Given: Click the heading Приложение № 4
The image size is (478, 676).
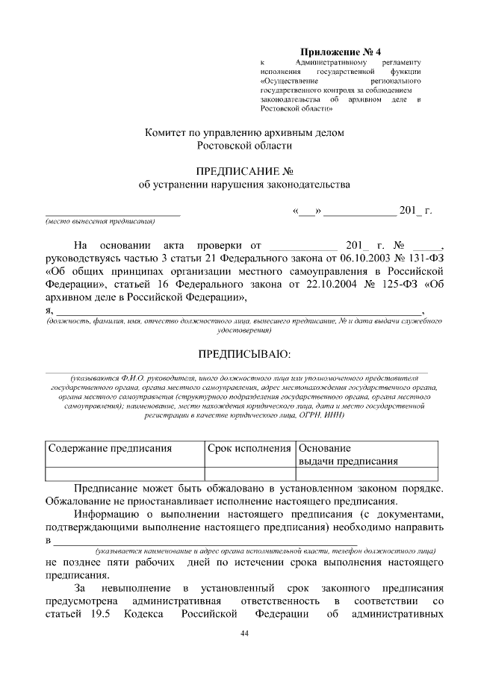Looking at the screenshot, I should coord(345,52).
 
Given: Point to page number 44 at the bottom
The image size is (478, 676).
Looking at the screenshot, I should coord(244,633).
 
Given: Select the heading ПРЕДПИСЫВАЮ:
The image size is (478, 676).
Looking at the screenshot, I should coord(244,353).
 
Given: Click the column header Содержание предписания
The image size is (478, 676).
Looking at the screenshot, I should coord(111,448).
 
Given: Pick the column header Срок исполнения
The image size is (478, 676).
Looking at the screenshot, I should coord(249,448).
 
